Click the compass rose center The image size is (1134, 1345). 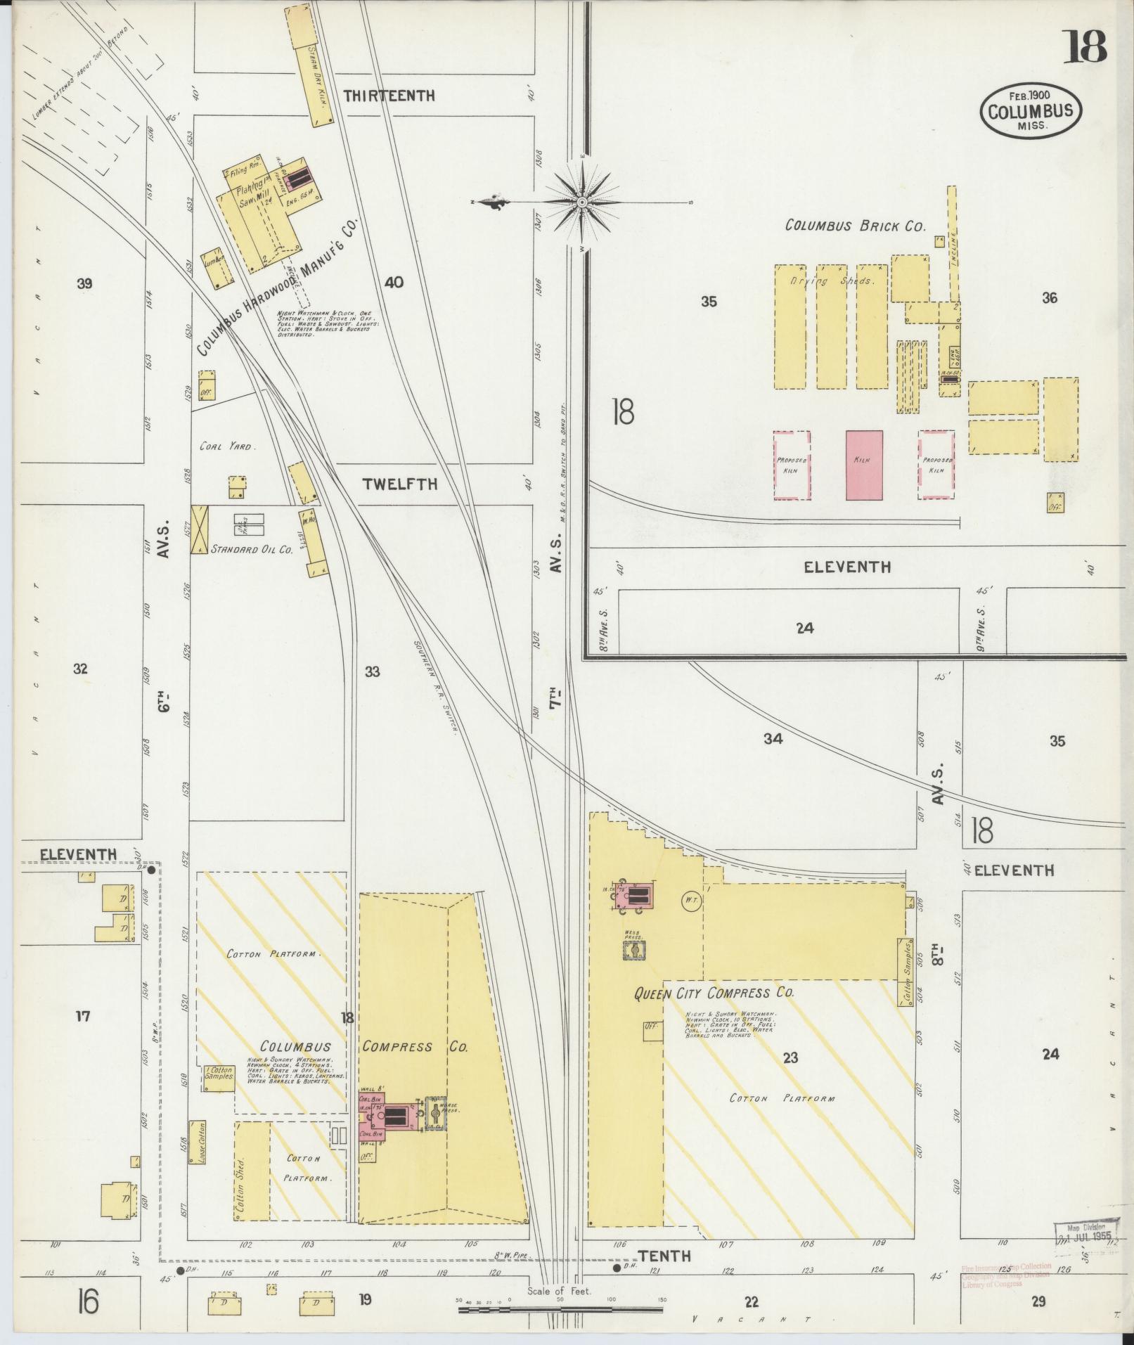583,202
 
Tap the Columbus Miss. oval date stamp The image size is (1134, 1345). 1031,110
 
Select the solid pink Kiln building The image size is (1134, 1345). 864,465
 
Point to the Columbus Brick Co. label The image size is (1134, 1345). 855,226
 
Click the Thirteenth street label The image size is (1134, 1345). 389,96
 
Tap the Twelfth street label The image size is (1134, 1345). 400,484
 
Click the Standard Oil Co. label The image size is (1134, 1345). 252,550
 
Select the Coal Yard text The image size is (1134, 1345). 227,446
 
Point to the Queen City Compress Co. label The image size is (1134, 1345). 714,993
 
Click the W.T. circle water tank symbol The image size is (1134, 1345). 690,899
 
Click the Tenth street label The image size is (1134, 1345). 664,1256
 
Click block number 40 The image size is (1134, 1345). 394,283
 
